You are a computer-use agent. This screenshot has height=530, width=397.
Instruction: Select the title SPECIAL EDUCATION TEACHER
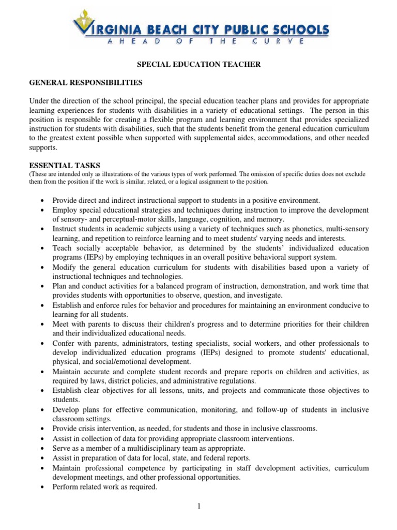[x=198, y=64]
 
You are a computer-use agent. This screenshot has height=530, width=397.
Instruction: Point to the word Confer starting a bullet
[x=64, y=343]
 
